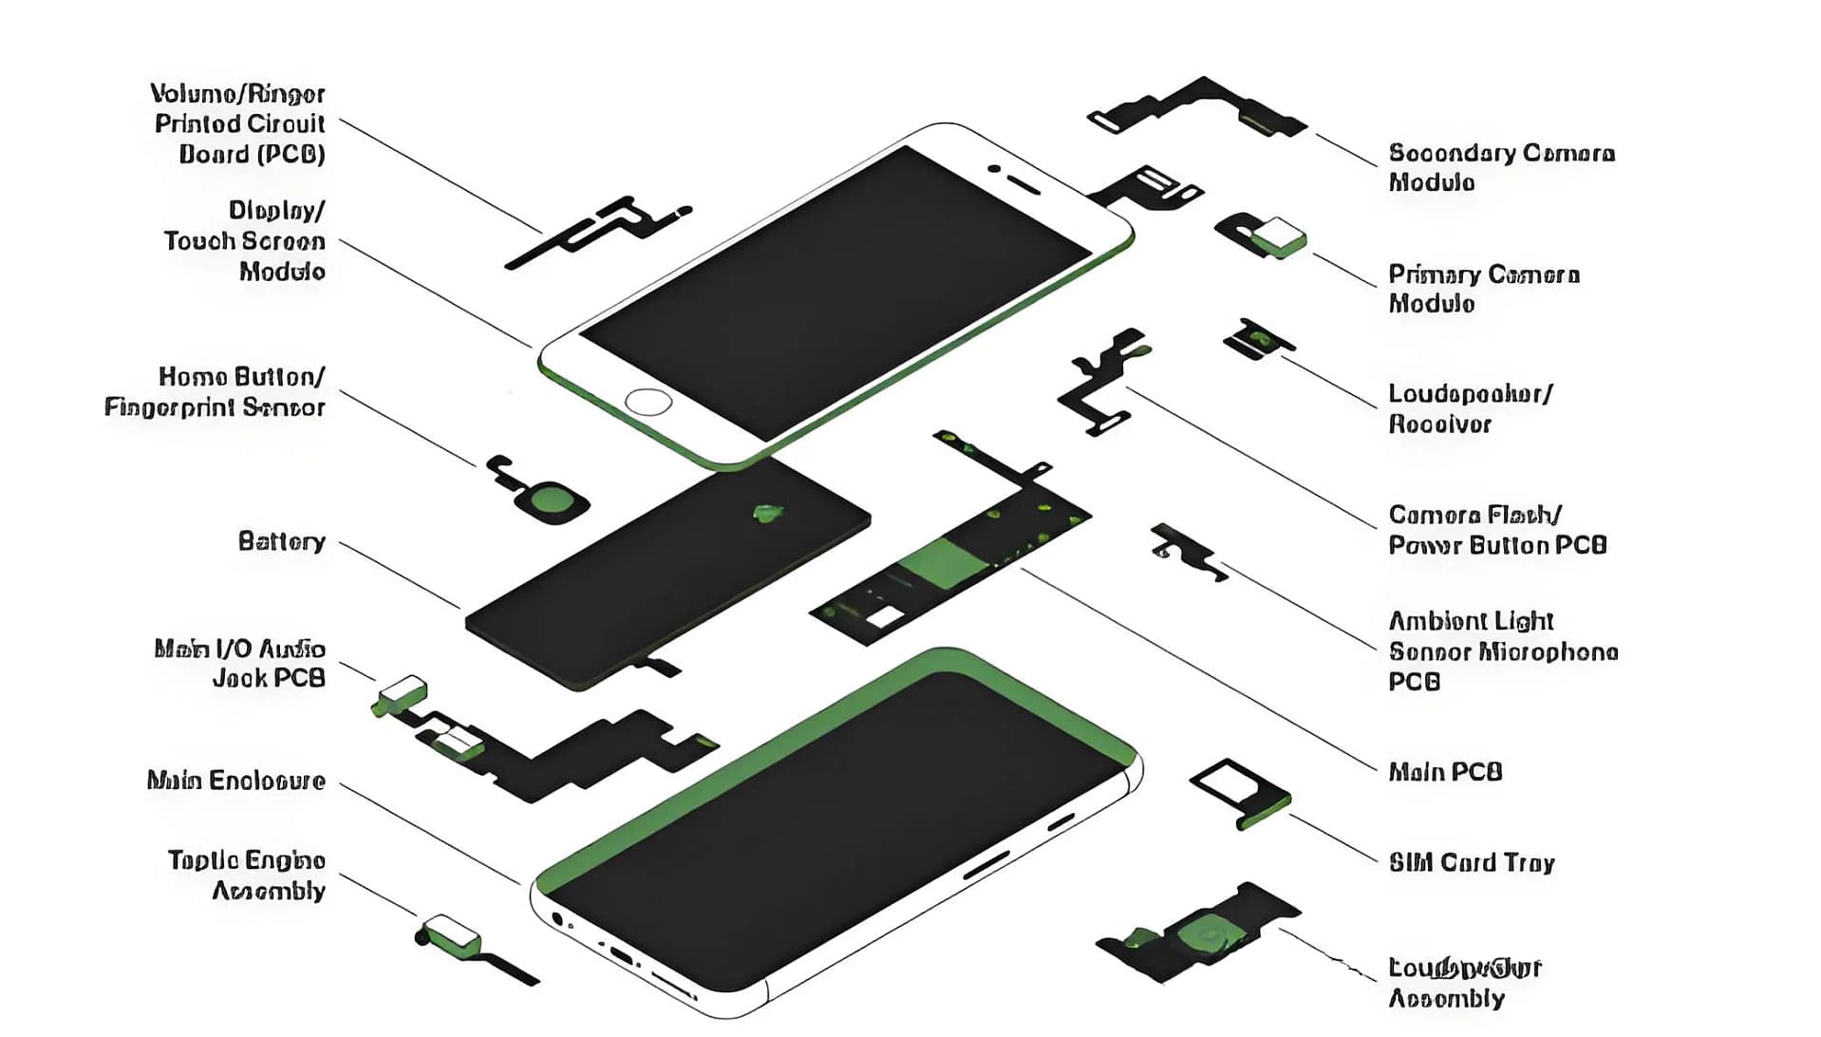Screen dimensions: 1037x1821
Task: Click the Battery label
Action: point(281,541)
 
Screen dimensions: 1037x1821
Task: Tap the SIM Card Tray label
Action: point(1471,862)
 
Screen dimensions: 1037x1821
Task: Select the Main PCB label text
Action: point(1444,771)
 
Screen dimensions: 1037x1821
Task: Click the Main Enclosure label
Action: point(235,781)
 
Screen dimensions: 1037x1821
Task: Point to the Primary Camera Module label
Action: point(1482,289)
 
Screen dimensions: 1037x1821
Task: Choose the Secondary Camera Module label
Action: point(1500,167)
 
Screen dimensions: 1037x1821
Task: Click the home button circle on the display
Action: point(648,402)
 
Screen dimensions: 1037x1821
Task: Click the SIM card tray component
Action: point(1240,792)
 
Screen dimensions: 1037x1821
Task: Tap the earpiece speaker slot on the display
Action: point(1023,183)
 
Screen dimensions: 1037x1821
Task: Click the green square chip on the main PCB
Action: point(944,562)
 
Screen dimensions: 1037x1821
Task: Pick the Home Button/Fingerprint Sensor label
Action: point(215,391)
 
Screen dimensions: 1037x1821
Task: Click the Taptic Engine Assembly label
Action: point(247,875)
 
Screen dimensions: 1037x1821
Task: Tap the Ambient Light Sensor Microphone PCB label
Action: point(1501,650)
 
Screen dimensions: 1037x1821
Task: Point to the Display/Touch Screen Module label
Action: point(245,240)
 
